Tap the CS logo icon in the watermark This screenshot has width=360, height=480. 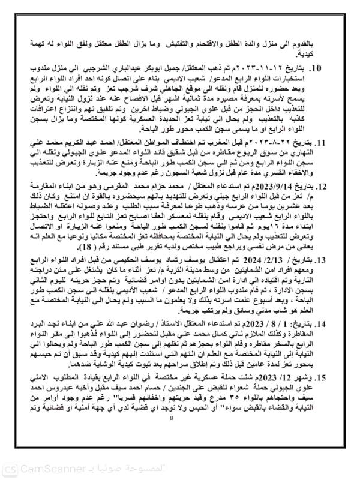9,467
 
